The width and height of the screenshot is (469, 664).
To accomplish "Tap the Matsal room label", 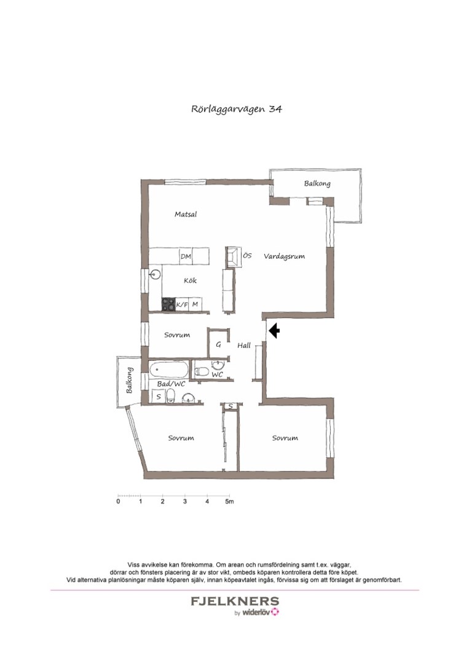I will (185, 215).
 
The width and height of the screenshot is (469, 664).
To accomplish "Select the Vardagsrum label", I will (285, 256).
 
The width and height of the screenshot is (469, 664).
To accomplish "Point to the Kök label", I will (190, 281).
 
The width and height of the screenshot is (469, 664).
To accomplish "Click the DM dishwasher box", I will (186, 256).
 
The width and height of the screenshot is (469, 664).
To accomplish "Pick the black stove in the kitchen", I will (168, 304).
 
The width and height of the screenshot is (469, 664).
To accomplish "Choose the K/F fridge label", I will (182, 304).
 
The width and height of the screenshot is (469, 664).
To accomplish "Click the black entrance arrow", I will (274, 331).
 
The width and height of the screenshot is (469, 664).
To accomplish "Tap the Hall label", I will (244, 346).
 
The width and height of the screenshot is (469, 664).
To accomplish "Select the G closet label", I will (218, 345).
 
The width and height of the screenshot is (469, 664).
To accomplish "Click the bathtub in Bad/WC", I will (168, 371).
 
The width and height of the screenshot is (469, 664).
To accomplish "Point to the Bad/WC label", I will (171, 384).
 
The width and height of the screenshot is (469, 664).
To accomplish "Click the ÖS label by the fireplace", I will (247, 255).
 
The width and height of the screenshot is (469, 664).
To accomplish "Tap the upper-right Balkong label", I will (317, 183).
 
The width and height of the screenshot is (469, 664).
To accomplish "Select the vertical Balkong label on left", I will (129, 381).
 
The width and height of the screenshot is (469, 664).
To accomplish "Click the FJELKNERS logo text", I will (235, 601).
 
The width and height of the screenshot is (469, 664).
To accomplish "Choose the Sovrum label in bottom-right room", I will (285, 438).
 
